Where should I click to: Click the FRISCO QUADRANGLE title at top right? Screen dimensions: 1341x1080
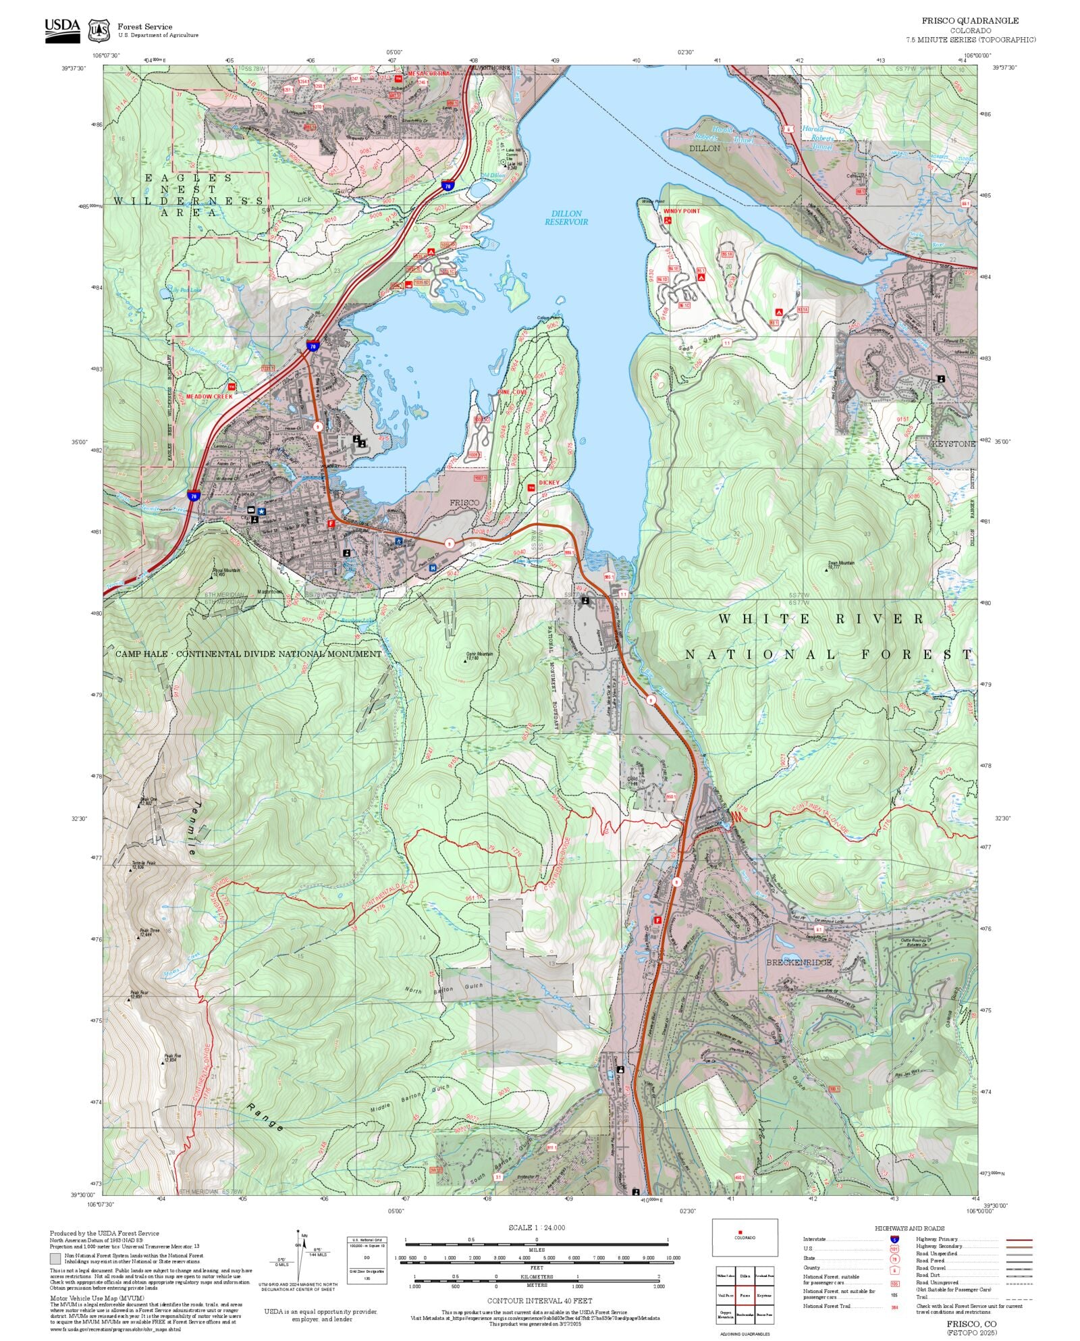pos(970,21)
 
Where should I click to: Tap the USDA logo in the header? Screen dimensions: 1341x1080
pos(62,30)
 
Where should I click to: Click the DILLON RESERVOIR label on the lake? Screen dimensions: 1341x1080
pos(566,217)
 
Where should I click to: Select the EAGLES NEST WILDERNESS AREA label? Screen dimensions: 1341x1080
pos(188,196)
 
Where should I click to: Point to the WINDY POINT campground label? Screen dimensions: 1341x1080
pos(681,211)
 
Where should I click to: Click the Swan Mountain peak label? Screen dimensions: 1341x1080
pos(841,563)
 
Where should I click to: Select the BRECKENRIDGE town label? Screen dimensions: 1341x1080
pos(799,962)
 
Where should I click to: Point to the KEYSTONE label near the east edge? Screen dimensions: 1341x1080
pos(953,444)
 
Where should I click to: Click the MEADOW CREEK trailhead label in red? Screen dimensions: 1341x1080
pos(209,396)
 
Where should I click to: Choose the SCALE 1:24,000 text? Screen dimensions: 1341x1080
pos(537,1228)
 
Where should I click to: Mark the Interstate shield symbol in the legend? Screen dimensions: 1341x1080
pos(894,1240)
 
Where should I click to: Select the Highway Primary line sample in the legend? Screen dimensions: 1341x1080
pos(1019,1240)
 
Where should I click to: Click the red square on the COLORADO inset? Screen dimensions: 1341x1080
pos(740,1232)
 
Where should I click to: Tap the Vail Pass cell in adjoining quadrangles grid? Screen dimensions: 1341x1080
pos(726,1296)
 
